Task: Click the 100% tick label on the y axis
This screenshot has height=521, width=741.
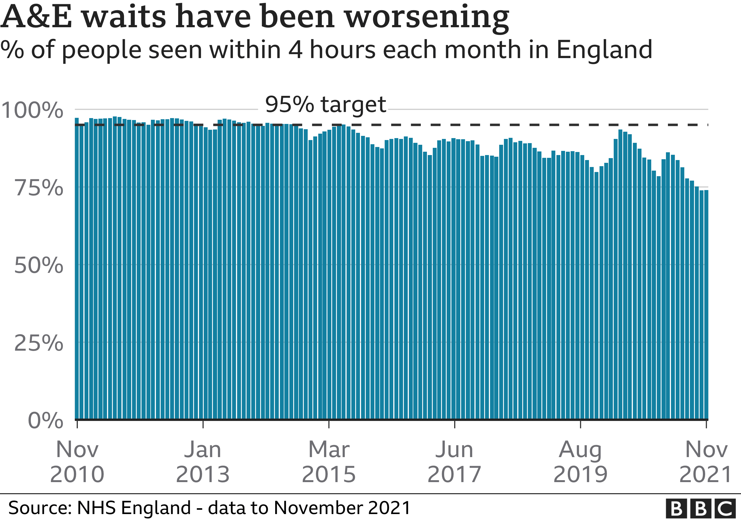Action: [x=32, y=111]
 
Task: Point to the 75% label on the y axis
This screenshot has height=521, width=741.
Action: [x=39, y=188]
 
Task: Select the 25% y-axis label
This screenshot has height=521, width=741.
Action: [x=39, y=343]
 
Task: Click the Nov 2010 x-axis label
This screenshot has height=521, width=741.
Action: [x=77, y=462]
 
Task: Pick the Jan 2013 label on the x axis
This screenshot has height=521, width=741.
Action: [x=203, y=462]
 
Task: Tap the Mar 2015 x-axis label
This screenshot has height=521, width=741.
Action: [x=329, y=462]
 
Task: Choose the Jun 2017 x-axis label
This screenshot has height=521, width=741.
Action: [x=454, y=462]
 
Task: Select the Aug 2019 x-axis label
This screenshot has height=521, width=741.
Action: [x=580, y=462]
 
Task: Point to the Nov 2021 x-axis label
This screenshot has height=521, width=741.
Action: [x=705, y=462]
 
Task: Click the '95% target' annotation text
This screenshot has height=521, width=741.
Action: [x=325, y=105]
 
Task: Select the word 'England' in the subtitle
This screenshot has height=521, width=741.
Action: [x=604, y=50]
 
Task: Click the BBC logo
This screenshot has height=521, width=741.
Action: [x=701, y=509]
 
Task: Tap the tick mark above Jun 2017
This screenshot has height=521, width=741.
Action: [x=455, y=424]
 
